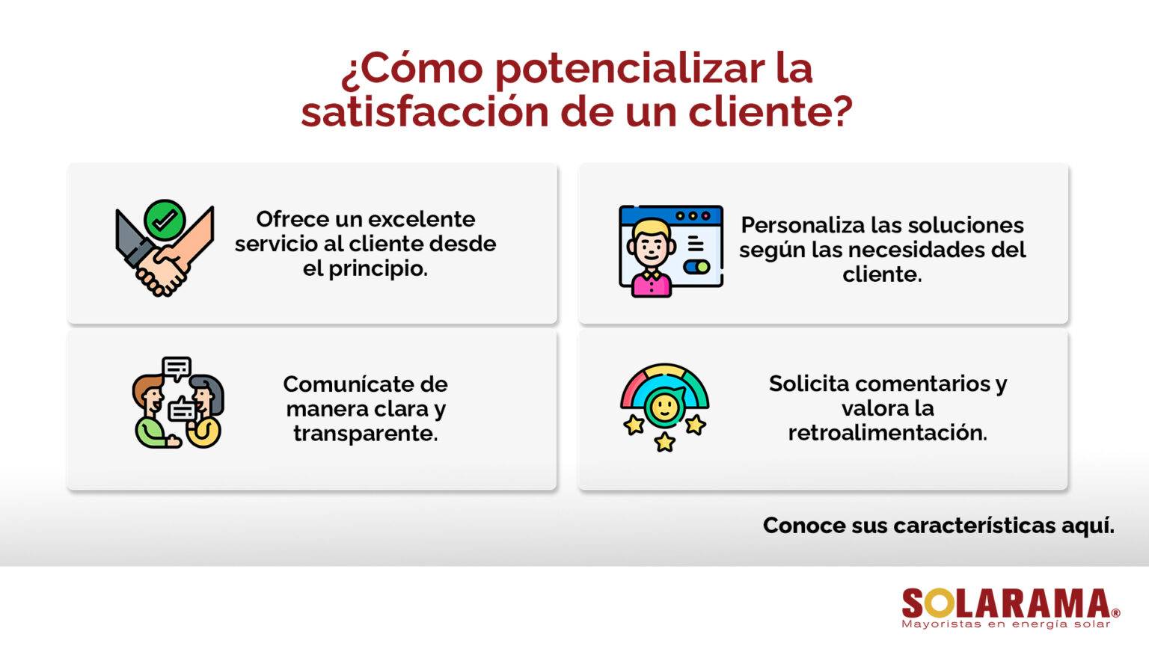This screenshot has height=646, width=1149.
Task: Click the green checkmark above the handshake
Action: (x=165, y=220)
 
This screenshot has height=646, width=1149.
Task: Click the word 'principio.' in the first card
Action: (x=378, y=268)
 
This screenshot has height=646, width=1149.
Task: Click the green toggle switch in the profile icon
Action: (x=696, y=267)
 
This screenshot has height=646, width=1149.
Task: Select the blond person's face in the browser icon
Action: (x=651, y=243)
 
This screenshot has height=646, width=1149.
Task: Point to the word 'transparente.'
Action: (x=365, y=434)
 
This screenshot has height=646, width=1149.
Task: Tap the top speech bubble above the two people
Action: (x=177, y=368)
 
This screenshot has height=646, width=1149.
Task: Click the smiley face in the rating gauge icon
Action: (x=664, y=406)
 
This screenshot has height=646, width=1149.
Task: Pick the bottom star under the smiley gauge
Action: (x=664, y=442)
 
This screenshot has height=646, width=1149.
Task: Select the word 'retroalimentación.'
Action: (x=887, y=433)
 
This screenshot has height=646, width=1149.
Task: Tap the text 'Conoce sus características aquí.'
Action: (x=938, y=526)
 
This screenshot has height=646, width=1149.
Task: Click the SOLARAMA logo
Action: (x=1005, y=603)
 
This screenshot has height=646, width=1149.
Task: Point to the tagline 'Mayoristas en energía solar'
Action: (x=1005, y=624)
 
